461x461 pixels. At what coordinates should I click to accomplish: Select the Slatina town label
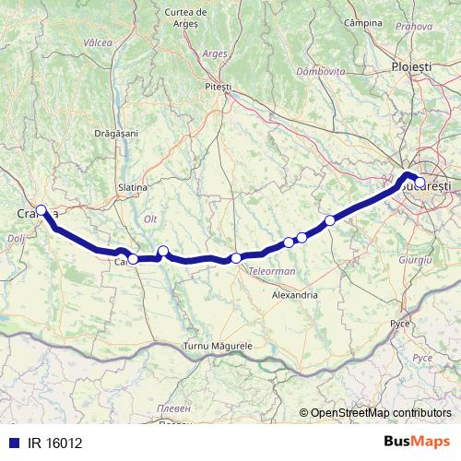point(133,187)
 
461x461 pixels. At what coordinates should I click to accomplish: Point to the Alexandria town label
point(295,295)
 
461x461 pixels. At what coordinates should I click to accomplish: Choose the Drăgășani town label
point(116,134)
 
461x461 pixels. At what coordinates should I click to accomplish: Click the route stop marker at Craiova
point(41,209)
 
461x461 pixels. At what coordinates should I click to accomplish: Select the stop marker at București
point(420,183)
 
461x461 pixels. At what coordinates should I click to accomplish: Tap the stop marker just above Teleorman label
point(236,258)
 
